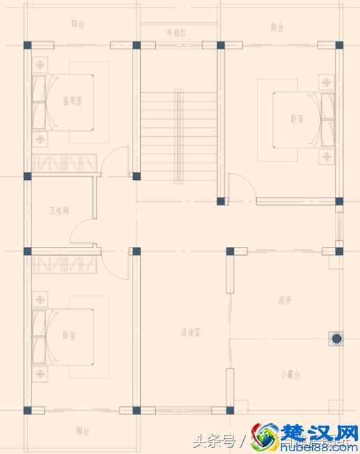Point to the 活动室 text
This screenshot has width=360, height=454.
pyautogui.click(x=190, y=332)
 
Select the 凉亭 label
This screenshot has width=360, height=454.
pyautogui.click(x=286, y=299)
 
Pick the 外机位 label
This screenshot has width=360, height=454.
pyautogui.click(x=176, y=32)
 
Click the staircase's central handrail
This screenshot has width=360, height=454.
pyautogui.click(x=178, y=135)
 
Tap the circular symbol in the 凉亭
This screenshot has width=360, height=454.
pyautogui.click(x=336, y=338)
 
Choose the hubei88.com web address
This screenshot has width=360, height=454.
pyautogui.click(x=318, y=446)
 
